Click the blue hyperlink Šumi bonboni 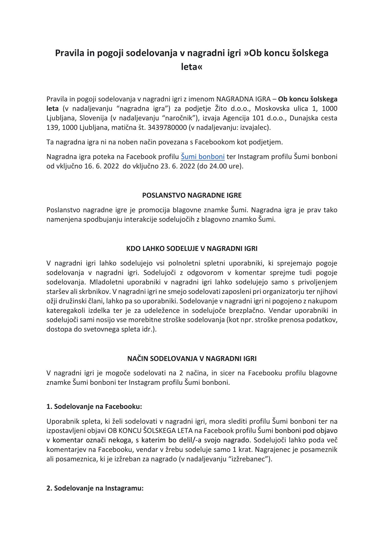click(203, 156)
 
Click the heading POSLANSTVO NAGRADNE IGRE click(192, 195)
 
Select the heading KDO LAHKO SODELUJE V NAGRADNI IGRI click(192, 249)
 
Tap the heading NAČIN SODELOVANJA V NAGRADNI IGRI click(192, 359)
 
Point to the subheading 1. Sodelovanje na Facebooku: click(94, 407)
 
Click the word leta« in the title click(191, 67)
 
